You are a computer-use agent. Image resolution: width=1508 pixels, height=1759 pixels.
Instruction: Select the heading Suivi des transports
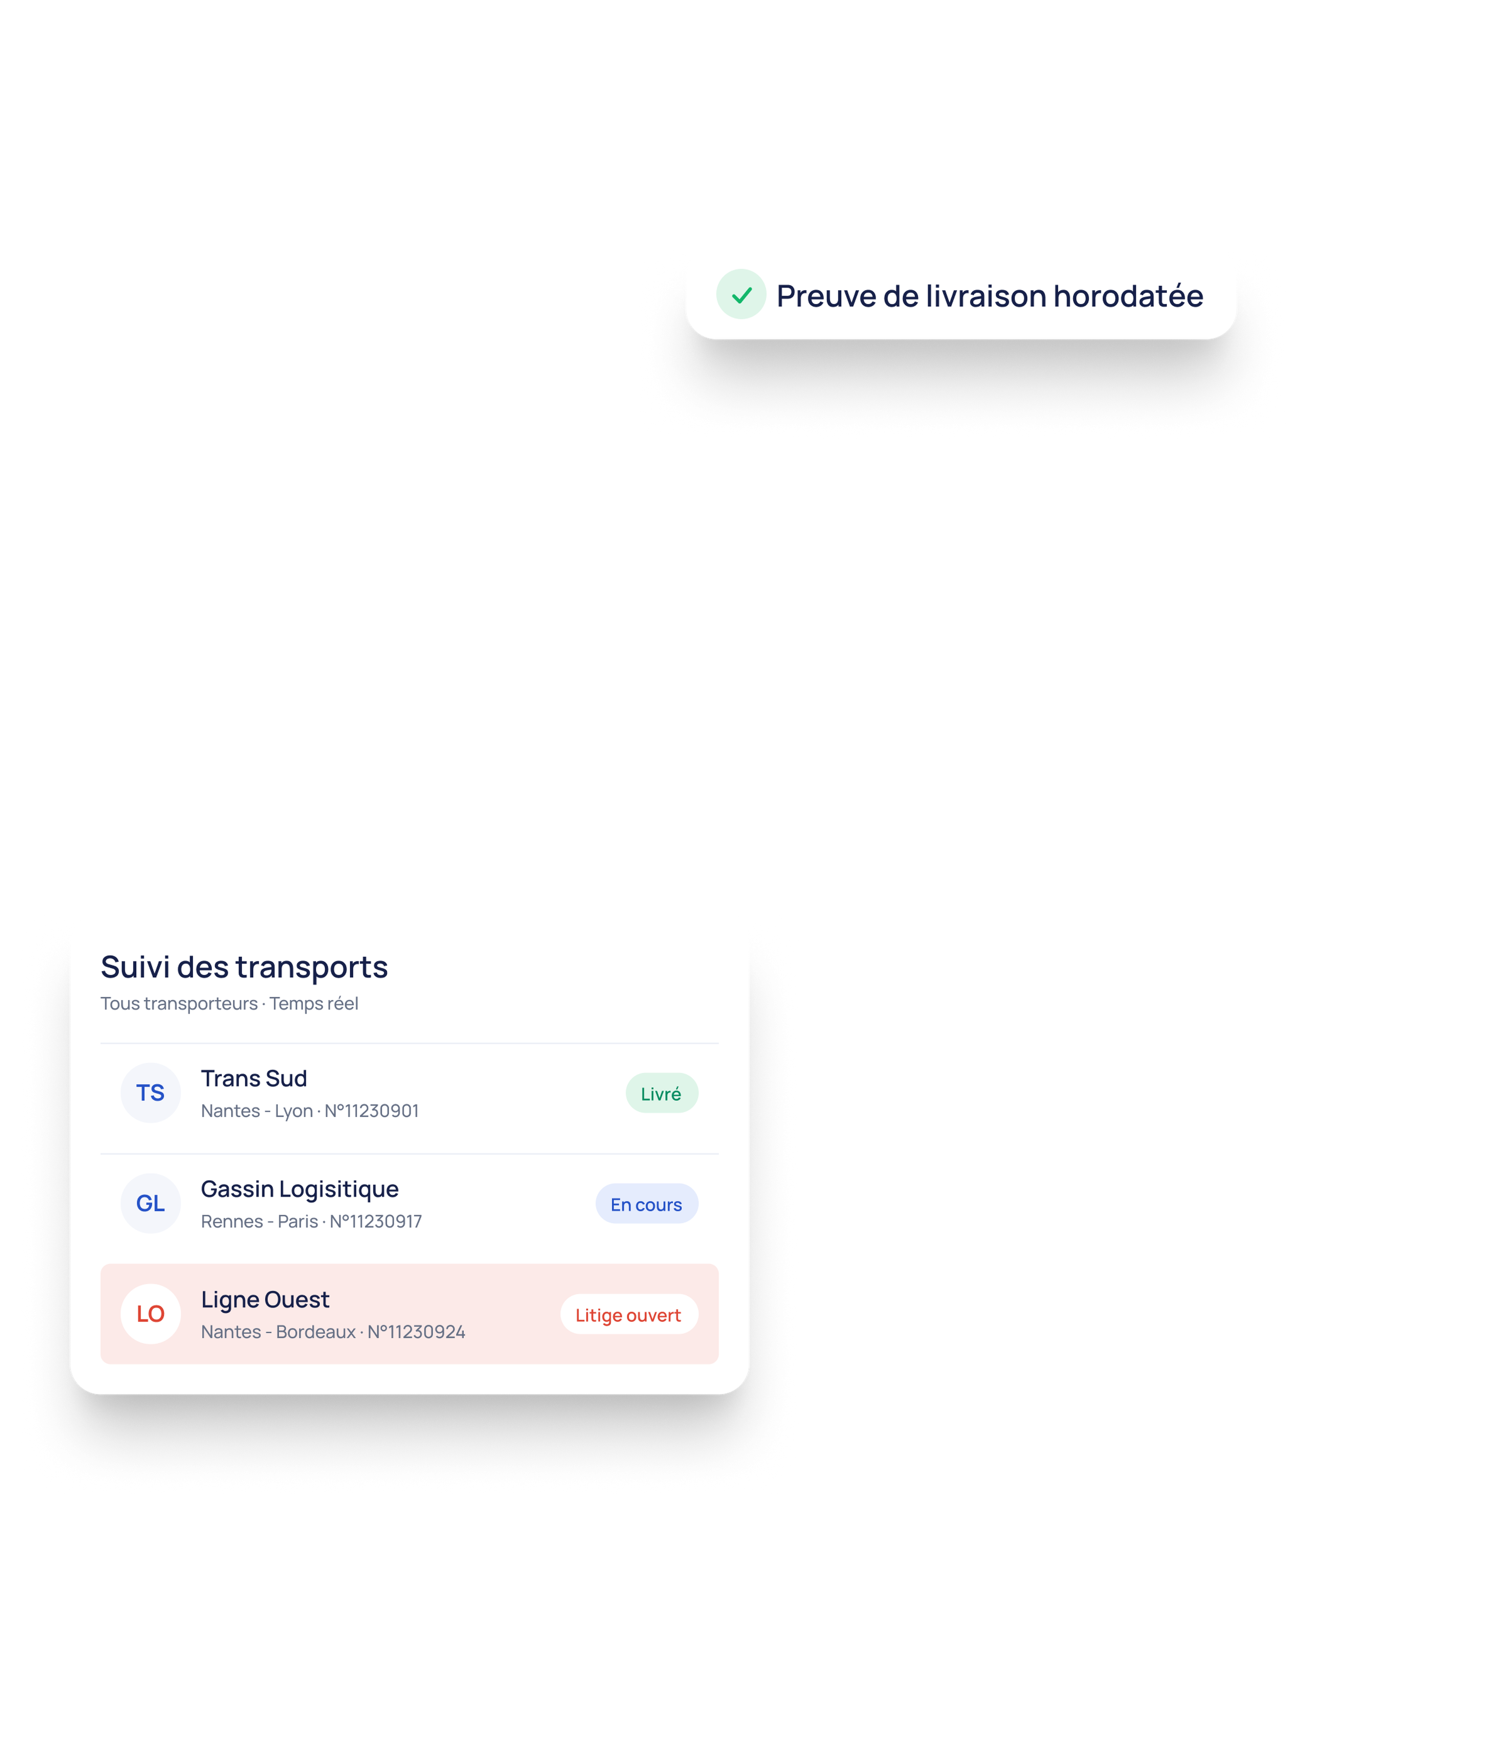tap(245, 967)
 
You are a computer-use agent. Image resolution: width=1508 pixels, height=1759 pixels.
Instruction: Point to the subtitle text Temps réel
tap(314, 1004)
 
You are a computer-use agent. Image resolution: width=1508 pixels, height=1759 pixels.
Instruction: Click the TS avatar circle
tap(150, 1093)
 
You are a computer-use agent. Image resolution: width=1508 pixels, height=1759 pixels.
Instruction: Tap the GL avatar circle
tap(150, 1203)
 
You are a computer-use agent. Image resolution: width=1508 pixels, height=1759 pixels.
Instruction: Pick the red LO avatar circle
tap(150, 1314)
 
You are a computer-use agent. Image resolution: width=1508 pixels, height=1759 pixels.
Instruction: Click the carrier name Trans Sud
tap(254, 1078)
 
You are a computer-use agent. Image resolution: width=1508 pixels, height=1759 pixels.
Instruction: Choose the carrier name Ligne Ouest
tap(265, 1300)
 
